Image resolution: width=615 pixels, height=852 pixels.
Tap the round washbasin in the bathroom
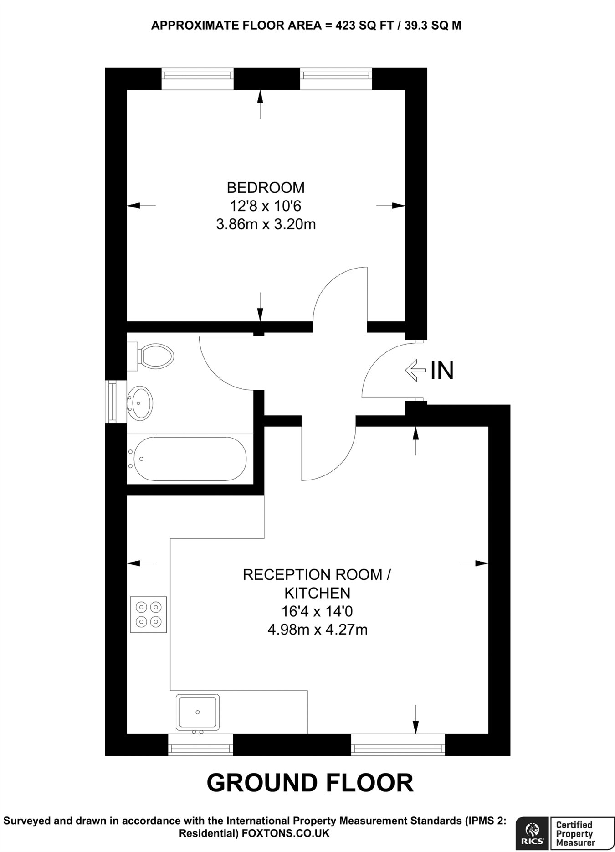pyautogui.click(x=140, y=403)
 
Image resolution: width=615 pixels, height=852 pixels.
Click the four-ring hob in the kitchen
pyautogui.click(x=149, y=614)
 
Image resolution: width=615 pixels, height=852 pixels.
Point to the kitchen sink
pyautogui.click(x=198, y=711)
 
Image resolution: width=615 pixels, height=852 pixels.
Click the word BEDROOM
pyautogui.click(x=266, y=187)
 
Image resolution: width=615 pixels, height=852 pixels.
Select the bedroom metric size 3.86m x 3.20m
pyautogui.click(x=266, y=224)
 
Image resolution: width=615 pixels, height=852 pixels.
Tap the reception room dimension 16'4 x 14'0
pyautogui.click(x=317, y=611)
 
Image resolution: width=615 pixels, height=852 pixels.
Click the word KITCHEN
pyautogui.click(x=317, y=593)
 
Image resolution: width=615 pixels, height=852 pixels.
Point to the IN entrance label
pyautogui.click(x=442, y=370)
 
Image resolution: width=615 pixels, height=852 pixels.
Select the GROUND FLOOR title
pyautogui.click(x=310, y=782)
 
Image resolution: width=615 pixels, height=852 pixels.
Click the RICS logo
pyautogui.click(x=531, y=834)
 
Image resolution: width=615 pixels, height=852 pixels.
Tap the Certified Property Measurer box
pyautogui.click(x=581, y=834)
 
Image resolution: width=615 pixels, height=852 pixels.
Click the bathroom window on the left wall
pyautogui.click(x=111, y=402)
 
